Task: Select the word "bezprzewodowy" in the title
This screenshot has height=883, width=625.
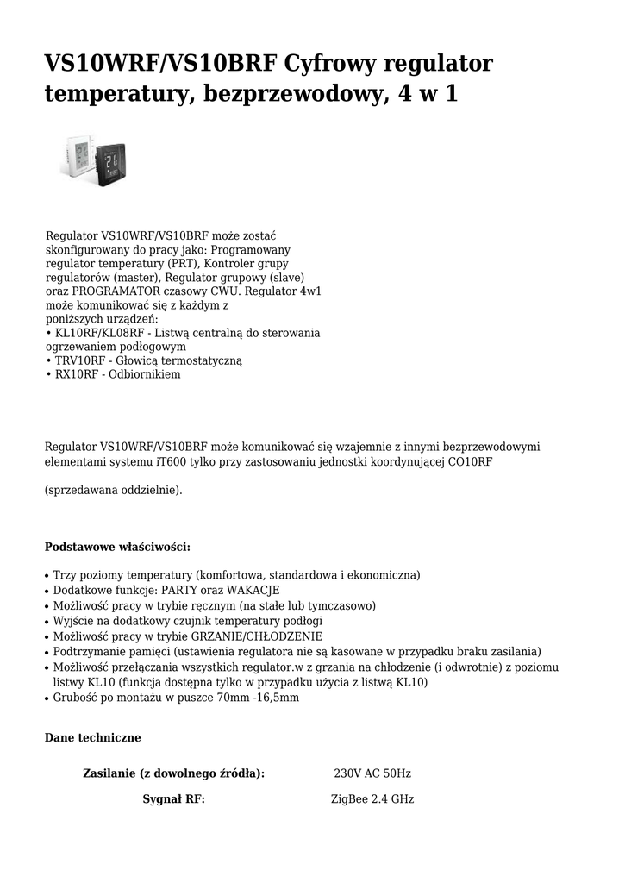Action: (x=289, y=93)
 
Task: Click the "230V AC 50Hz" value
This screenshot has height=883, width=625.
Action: (x=372, y=773)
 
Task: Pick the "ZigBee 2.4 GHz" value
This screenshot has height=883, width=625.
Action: (x=372, y=799)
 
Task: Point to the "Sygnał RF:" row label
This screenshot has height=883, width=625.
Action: (x=173, y=799)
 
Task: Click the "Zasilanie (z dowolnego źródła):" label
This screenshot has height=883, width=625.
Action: (x=173, y=773)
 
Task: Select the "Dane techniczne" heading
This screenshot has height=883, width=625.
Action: (x=92, y=738)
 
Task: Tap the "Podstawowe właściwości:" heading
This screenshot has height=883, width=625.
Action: (x=117, y=547)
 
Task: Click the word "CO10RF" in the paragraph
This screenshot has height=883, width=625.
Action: (x=473, y=461)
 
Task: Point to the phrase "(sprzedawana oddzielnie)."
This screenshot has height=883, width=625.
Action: (x=113, y=490)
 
